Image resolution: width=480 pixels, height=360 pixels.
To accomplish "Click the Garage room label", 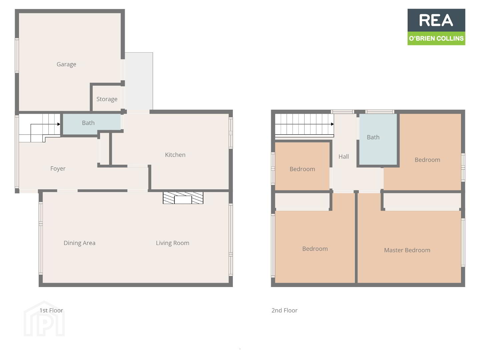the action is (x=66, y=64).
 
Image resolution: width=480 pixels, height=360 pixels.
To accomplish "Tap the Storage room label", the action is (x=107, y=99).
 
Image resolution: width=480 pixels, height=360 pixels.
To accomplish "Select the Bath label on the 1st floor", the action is (x=88, y=123).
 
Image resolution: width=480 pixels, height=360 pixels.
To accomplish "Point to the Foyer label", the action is (x=58, y=169).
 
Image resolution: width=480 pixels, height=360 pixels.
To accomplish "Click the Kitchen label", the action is (x=175, y=155).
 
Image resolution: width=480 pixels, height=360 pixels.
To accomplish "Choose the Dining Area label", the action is (x=79, y=243).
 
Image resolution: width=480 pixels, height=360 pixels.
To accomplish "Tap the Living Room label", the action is (x=172, y=243).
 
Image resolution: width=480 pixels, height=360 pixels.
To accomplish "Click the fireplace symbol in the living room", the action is (x=183, y=198).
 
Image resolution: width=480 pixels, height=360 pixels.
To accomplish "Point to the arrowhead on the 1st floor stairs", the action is (x=59, y=124).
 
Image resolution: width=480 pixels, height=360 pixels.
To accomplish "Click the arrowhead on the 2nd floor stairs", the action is (x=332, y=124).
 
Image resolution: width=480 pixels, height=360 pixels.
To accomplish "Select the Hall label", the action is (x=344, y=157).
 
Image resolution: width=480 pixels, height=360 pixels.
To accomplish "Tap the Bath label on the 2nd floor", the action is (x=373, y=137).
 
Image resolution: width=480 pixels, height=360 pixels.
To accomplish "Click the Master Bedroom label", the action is (x=407, y=250).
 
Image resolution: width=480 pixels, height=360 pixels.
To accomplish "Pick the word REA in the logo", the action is (x=436, y=20).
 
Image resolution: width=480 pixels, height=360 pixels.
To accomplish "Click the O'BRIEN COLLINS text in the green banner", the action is (x=436, y=38).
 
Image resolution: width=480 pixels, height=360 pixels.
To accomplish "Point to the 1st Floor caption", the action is (x=51, y=310).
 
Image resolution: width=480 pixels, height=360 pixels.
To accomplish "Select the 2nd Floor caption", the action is (x=284, y=310).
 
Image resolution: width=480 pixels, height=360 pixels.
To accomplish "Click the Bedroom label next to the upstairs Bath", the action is (x=427, y=160).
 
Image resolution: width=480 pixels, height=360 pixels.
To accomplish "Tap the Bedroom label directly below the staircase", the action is (x=302, y=169).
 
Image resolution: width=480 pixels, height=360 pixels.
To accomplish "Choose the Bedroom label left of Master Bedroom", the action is (x=315, y=249).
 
